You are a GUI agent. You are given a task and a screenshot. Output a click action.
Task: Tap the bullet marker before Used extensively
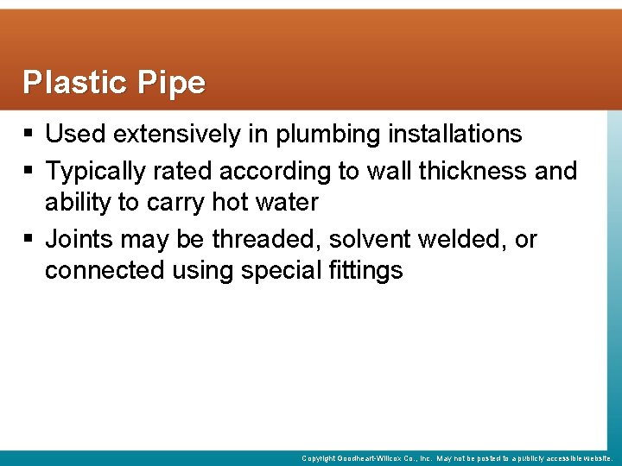coord(30,135)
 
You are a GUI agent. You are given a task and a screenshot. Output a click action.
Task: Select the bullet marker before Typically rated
coord(30,172)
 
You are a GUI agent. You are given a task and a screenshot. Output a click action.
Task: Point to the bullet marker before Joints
coord(30,239)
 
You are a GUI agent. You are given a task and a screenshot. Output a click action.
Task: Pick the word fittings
coord(366,271)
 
